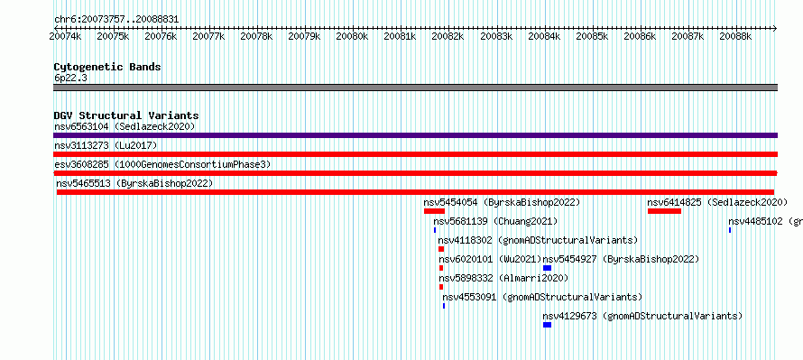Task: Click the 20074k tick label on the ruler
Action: (65, 36)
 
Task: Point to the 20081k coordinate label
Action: (400, 36)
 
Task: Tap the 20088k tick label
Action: (735, 36)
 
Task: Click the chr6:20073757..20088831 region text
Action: (116, 20)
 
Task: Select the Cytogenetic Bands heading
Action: (107, 67)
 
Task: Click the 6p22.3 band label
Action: (70, 78)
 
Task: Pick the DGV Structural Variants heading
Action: (126, 115)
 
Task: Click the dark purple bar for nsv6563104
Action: (415, 135)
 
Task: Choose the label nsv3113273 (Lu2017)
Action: (106, 146)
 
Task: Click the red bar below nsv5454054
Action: (434, 211)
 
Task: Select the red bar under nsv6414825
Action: (664, 211)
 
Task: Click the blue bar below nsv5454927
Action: (547, 268)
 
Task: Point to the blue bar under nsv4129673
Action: (547, 325)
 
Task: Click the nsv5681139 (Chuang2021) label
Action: (495, 222)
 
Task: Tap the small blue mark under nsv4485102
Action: (730, 230)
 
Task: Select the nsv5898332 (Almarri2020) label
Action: (503, 279)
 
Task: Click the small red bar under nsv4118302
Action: (441, 249)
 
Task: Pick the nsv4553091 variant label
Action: (469, 298)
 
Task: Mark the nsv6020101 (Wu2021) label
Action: (490, 260)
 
